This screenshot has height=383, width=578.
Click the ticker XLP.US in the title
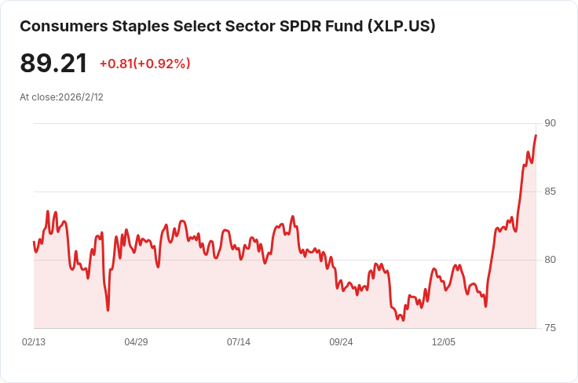pos(401,26)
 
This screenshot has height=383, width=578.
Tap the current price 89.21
pos(53,64)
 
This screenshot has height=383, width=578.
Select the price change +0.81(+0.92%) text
pos(144,64)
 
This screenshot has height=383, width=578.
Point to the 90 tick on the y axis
pos(550,123)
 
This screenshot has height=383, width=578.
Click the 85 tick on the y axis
pos(550,191)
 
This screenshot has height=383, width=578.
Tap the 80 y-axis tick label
pos(550,260)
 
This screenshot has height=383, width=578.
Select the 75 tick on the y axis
pos(550,328)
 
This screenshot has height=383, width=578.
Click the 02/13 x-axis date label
pos(34,342)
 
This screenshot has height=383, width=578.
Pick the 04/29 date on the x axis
pos(136,342)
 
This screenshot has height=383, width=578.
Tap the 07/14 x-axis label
pos(239,342)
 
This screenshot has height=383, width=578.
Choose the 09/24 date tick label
pos(341,342)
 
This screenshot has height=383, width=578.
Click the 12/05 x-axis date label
pos(444,342)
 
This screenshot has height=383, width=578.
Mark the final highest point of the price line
pos(536,136)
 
